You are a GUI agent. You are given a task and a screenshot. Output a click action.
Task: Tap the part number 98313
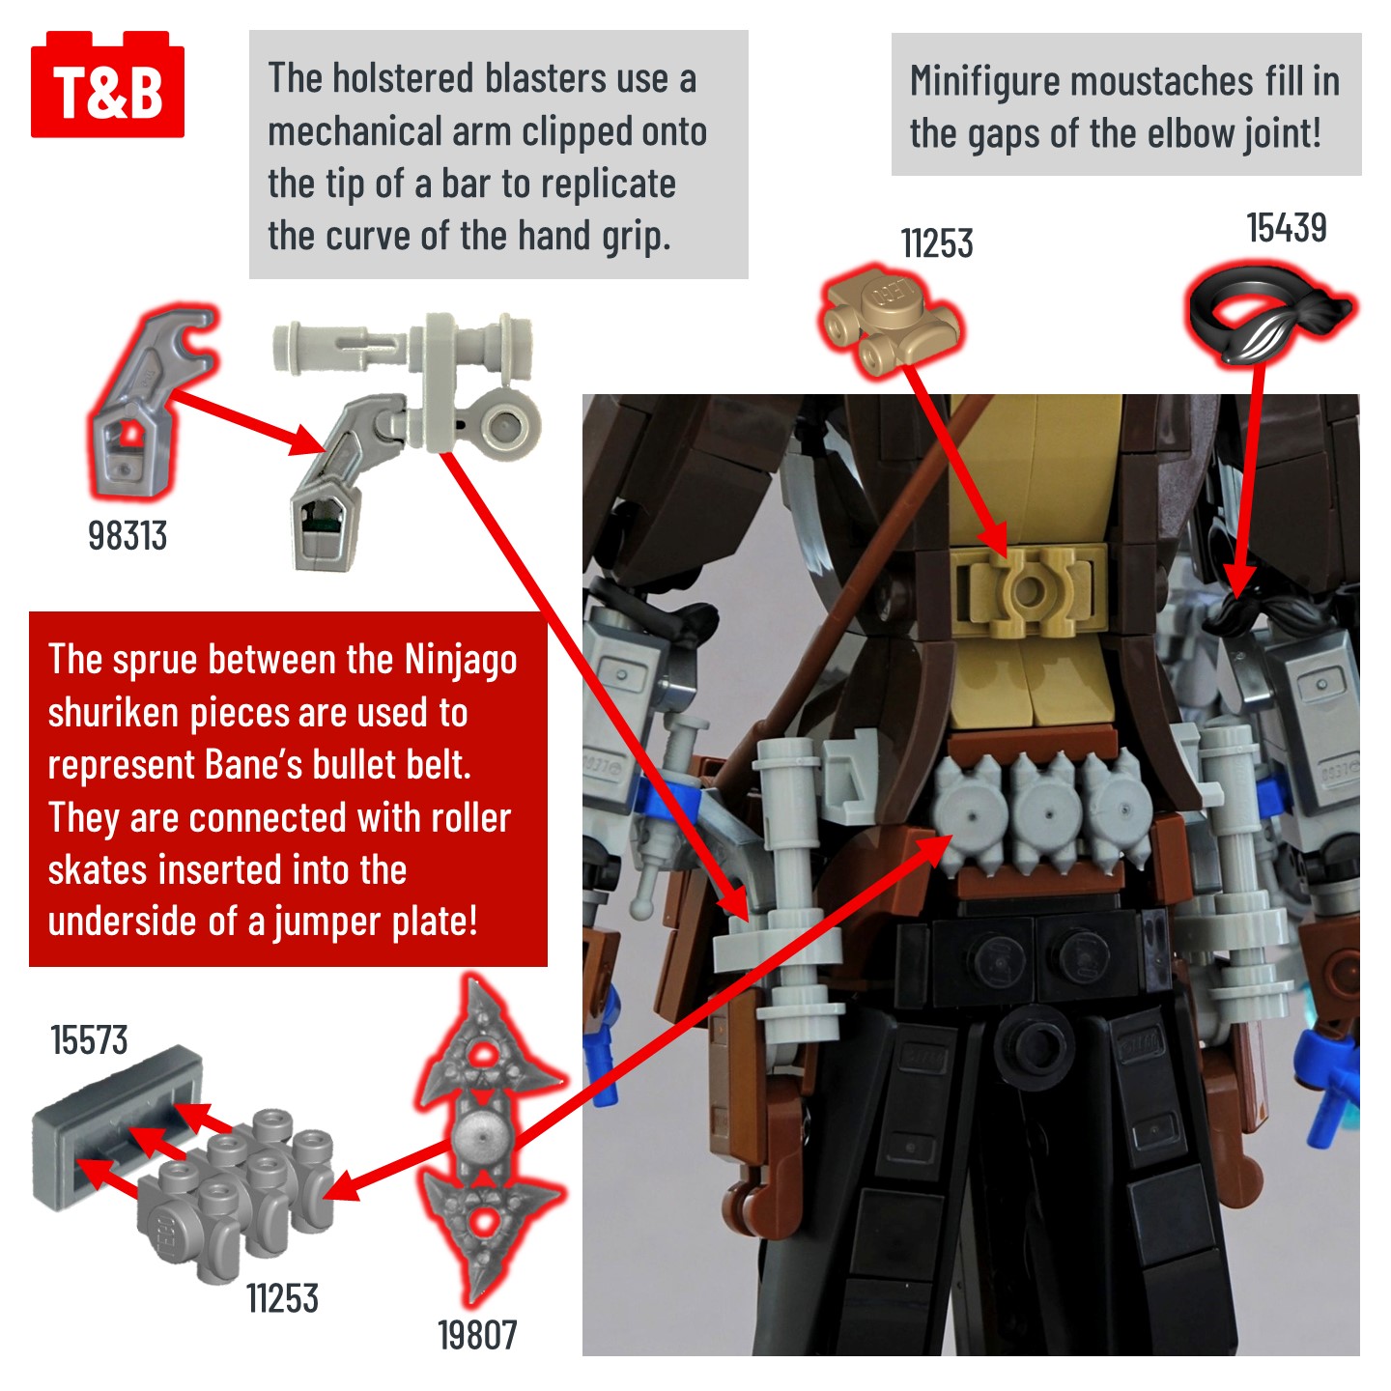[128, 535]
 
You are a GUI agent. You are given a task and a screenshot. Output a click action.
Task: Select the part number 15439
[1286, 228]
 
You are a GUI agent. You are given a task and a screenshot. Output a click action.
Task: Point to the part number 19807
[477, 1335]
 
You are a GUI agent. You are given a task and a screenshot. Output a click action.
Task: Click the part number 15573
[89, 1040]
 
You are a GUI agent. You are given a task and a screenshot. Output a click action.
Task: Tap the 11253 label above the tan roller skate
[936, 243]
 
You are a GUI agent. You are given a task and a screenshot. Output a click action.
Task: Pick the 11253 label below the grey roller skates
[282, 1298]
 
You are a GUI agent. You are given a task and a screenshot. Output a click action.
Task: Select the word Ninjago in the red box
[460, 660]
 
